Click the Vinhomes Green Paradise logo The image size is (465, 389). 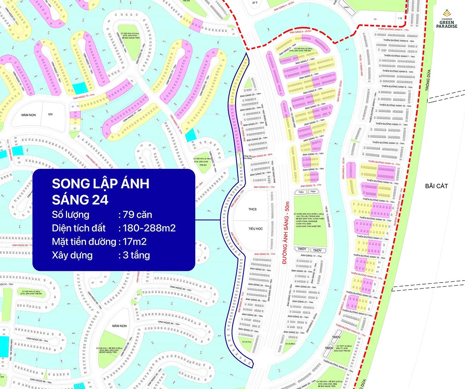pos(447,20)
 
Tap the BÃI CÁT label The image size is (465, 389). pos(436,186)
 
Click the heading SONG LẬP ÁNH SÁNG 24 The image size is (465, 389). pos(100,192)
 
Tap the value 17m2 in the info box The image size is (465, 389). pos(134,242)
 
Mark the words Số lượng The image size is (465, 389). pos(70,215)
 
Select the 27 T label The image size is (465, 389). pos(255,3)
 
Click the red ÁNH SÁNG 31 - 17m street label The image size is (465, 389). pos(264,187)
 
